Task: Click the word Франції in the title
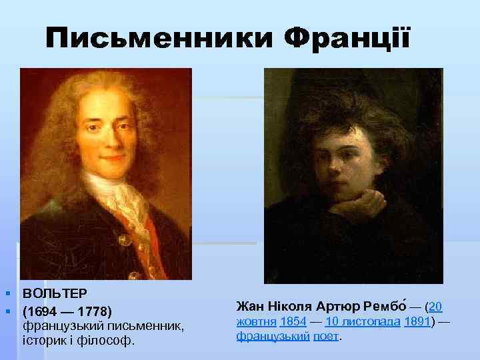tap(347, 41)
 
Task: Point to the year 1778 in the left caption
tap(93, 311)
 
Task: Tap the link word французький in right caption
tap(273, 336)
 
